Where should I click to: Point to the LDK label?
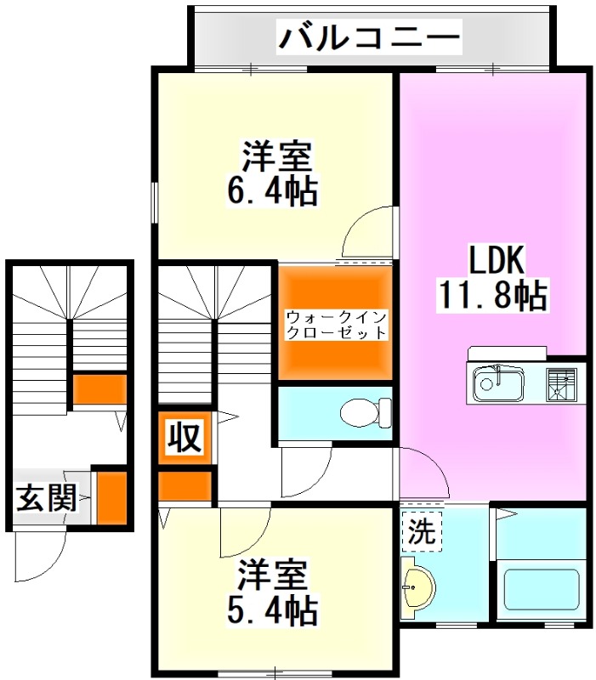coord(493,258)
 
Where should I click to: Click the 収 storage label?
coord(184,438)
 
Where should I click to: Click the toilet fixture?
coord(364,414)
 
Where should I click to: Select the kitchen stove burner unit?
coord(562,384)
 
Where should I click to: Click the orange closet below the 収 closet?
coord(184,486)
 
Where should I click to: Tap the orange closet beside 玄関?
coord(111,498)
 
